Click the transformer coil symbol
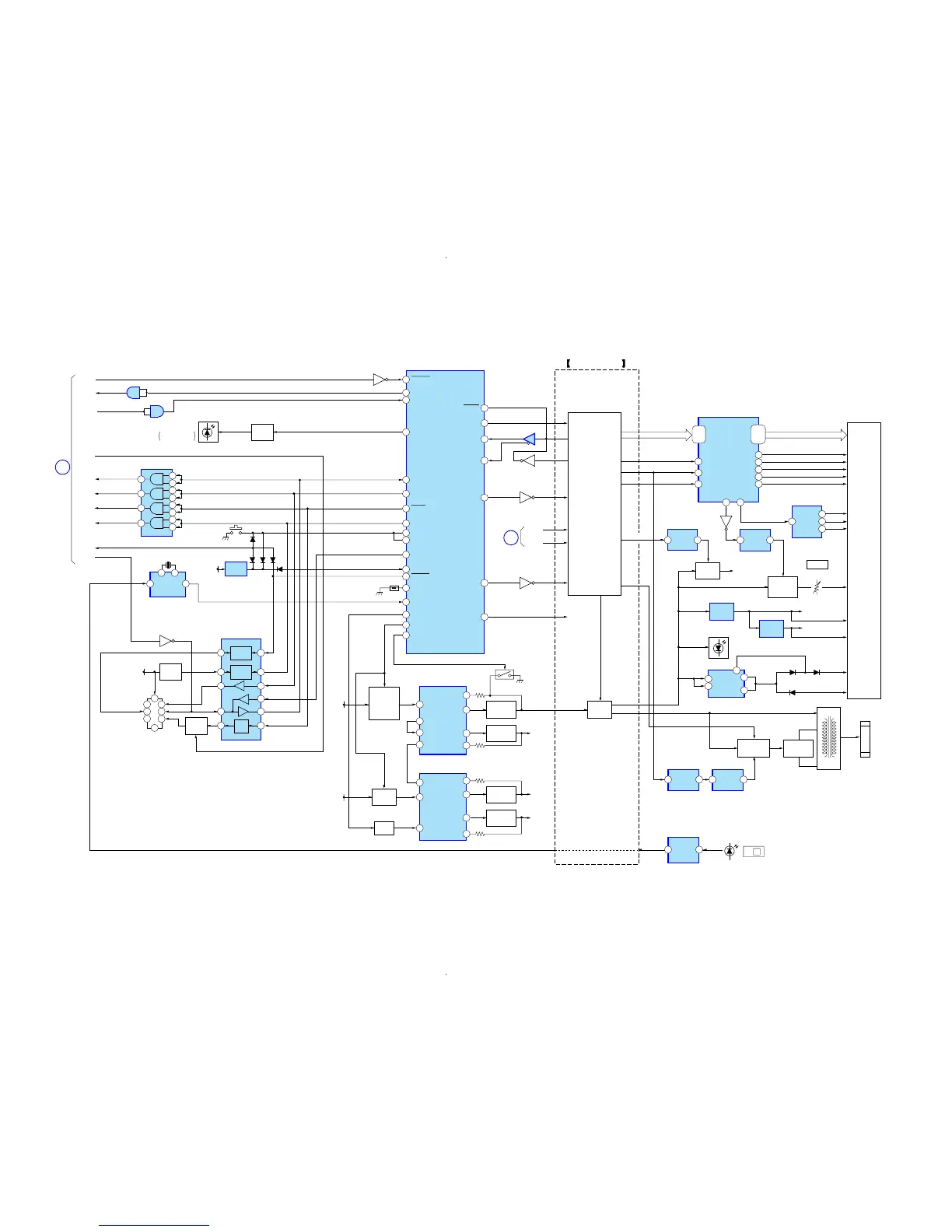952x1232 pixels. tap(828, 738)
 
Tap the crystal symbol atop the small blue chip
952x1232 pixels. tap(168, 565)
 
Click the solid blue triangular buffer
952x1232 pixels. tap(529, 439)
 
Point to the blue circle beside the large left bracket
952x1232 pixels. tap(62, 467)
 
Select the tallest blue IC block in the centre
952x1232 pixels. tap(445, 512)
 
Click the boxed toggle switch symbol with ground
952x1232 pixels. tap(505, 674)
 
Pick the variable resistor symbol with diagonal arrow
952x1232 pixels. tap(817, 587)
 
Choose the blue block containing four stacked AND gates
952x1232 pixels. tap(156, 502)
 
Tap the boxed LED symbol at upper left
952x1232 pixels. tap(208, 432)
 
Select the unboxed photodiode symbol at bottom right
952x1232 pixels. tap(729, 851)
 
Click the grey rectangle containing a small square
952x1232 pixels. tap(753, 852)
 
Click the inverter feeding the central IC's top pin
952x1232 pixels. tap(380, 380)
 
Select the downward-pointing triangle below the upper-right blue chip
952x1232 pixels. tap(726, 522)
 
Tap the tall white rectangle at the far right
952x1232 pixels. tap(863, 560)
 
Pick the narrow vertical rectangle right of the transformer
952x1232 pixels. tap(865, 739)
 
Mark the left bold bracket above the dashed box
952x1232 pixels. tap(569, 363)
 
